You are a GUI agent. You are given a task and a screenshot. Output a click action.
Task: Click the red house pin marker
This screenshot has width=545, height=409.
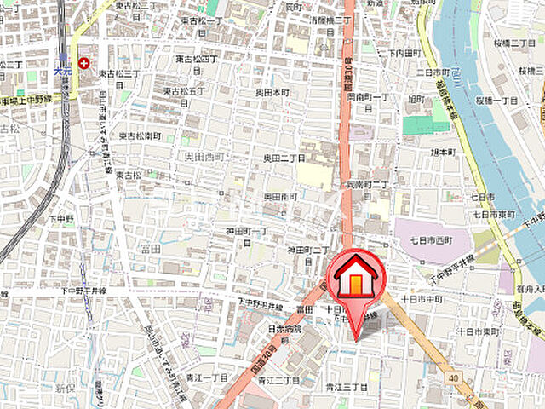(356, 277)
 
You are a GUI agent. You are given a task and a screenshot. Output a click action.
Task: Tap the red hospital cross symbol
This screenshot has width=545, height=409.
(83, 63)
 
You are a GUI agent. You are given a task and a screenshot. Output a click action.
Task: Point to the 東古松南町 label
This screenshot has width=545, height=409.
(141, 135)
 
